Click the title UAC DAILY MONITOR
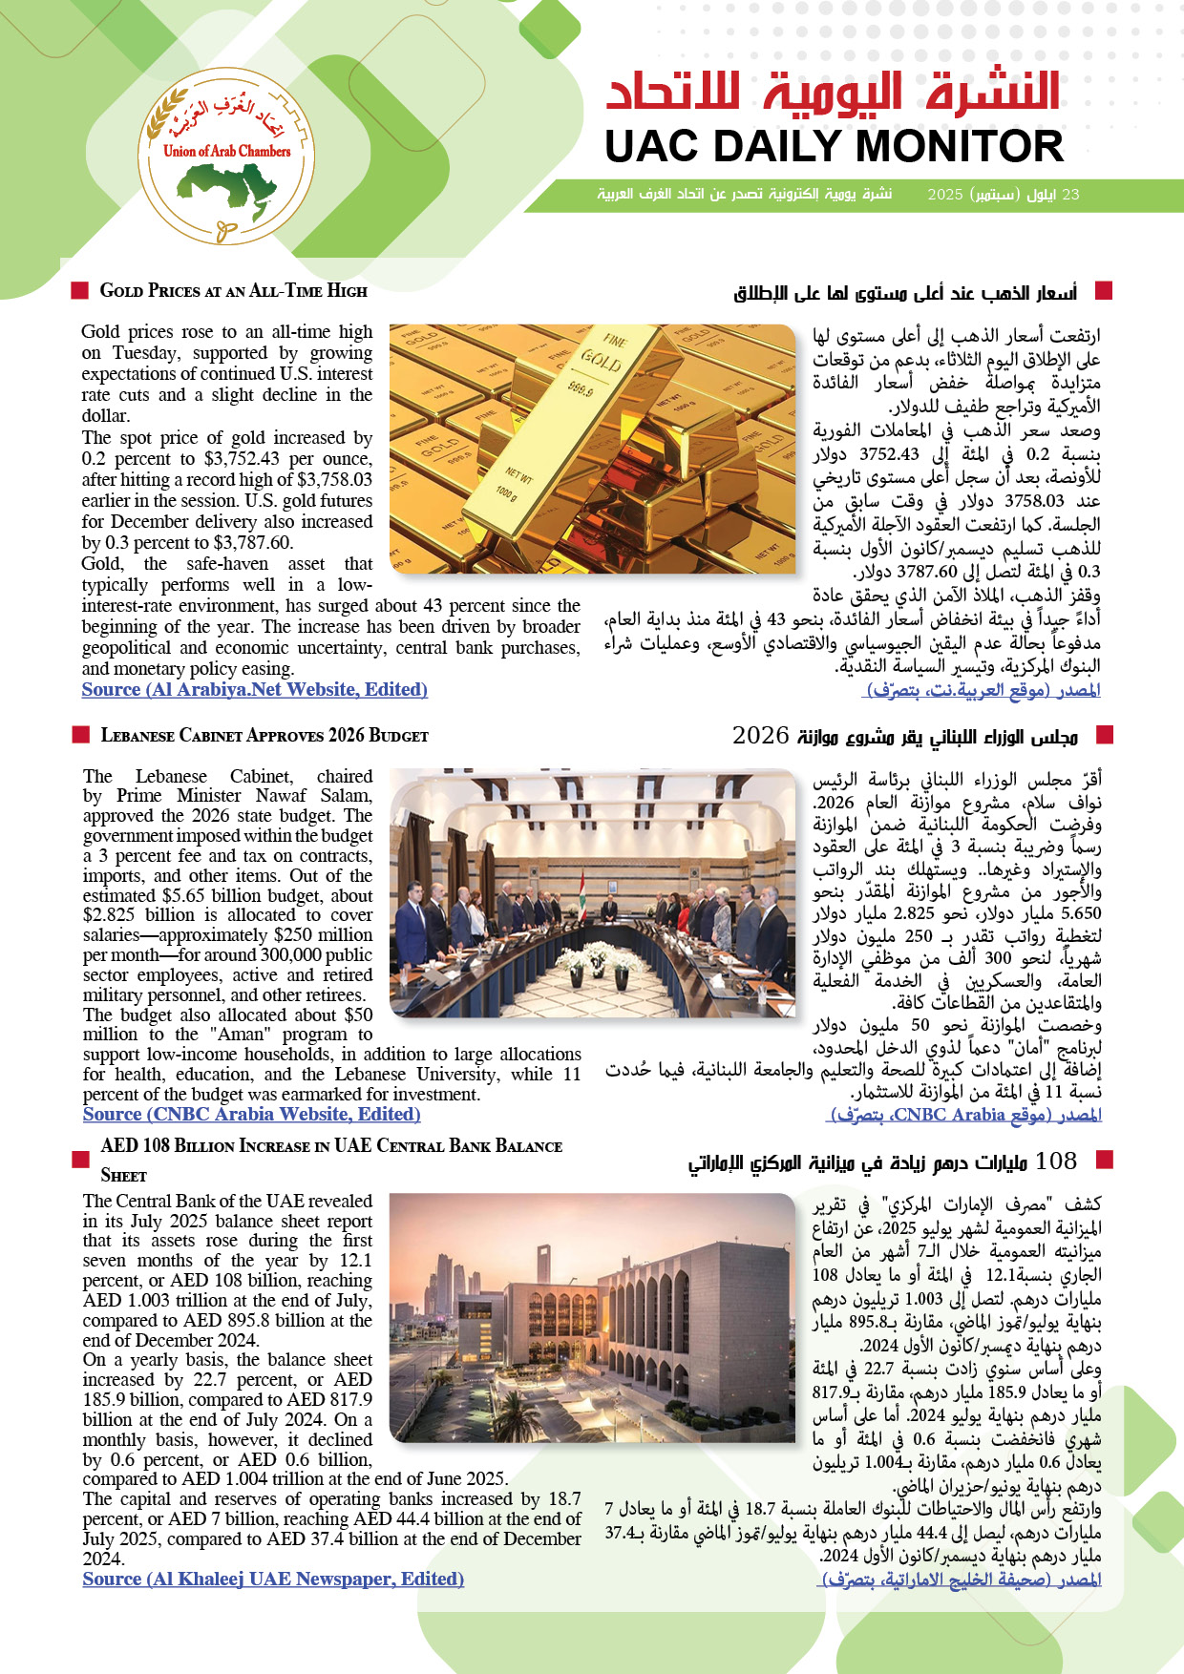tap(834, 147)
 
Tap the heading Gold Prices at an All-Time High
tap(233, 291)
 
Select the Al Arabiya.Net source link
tap(254, 690)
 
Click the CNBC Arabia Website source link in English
tap(251, 1114)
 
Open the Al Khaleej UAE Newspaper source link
tap(273, 1579)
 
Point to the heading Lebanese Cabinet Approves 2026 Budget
tap(264, 736)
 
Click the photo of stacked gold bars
tap(592, 449)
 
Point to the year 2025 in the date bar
tap(945, 195)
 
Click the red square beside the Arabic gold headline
tap(1105, 290)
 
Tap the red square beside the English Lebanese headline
tap(80, 735)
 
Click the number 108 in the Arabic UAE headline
tap(1055, 1161)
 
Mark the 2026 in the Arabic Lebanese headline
tap(761, 736)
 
